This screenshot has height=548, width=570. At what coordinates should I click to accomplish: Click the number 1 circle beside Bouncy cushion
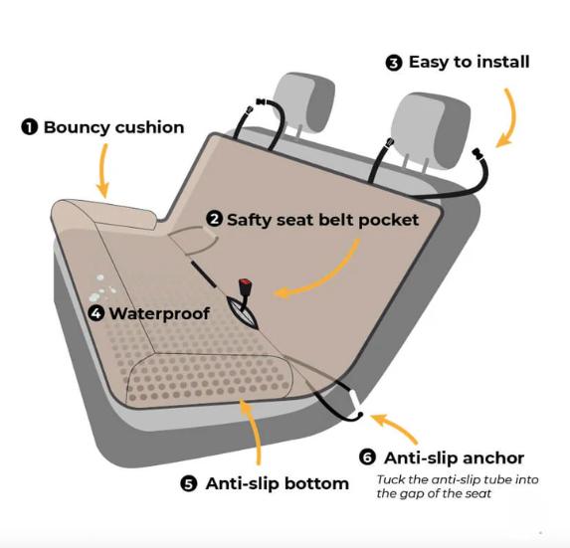coord(30,127)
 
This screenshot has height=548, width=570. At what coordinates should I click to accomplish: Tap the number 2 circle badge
coord(214,219)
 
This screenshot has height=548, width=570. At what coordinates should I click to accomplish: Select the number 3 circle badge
coord(394,63)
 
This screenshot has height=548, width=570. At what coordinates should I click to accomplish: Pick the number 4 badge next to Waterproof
coord(96,313)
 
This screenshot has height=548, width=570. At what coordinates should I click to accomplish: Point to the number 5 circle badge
coord(189,483)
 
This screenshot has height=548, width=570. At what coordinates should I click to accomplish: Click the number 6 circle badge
coord(367,457)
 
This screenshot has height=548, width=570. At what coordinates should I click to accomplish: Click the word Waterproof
coord(159,314)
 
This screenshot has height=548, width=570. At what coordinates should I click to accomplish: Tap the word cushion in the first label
coord(149,127)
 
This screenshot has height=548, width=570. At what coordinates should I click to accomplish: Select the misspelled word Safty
coord(249,220)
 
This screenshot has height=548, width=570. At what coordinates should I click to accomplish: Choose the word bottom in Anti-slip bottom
coord(316,483)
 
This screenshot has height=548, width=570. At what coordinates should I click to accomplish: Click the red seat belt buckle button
coord(245,282)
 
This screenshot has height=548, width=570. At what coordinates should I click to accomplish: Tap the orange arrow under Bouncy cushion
coord(103,170)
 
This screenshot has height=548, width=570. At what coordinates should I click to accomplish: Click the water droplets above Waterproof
coord(101,288)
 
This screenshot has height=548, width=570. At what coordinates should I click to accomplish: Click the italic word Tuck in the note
coord(391,479)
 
